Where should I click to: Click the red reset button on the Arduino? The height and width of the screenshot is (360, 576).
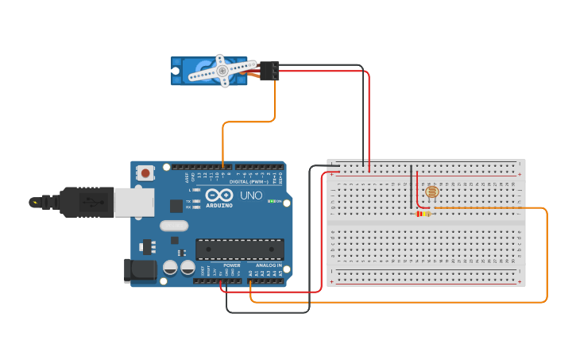point(145,172)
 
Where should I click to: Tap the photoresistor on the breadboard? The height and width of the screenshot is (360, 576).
point(431,192)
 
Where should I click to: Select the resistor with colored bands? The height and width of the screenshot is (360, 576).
point(423,213)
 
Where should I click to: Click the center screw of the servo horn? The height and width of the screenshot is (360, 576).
point(222,70)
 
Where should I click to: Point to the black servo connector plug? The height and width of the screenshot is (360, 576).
point(269,71)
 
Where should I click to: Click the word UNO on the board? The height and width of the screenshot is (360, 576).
point(251,195)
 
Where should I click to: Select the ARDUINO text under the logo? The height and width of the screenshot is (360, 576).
point(219,205)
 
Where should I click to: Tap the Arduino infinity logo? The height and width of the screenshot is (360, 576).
point(219,195)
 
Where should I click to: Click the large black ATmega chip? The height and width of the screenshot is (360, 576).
point(239,249)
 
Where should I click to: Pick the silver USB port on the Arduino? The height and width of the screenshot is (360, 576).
point(133,202)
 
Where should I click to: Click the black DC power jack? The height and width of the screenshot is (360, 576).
point(140,270)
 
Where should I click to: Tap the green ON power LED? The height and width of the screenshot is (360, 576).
point(271,201)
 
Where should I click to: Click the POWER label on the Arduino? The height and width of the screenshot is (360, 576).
point(231,265)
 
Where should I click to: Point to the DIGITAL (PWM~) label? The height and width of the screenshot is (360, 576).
point(247,181)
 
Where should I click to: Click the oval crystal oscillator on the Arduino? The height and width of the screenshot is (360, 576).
point(173,225)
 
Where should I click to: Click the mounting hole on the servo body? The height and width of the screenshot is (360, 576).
point(176,71)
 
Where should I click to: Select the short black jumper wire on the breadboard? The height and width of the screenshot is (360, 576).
point(411,187)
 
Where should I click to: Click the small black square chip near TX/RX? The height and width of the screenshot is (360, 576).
point(176,206)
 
